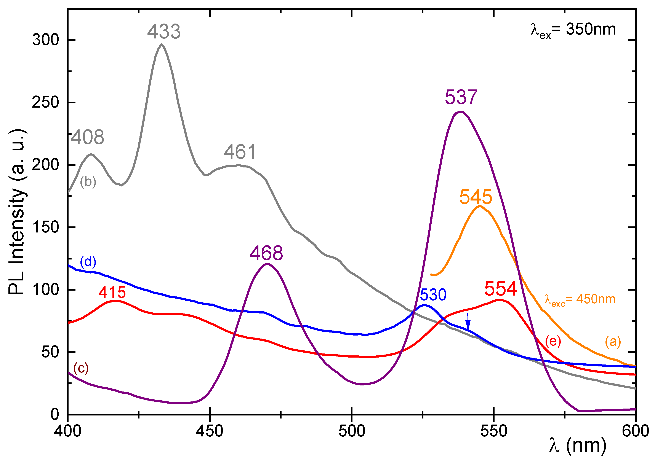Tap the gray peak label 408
pyautogui.click(x=87, y=137)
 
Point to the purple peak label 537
pyautogui.click(x=461, y=97)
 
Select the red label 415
pyautogui.click(x=112, y=292)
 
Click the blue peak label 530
pyautogui.click(x=433, y=294)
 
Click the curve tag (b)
pyautogui.click(x=88, y=182)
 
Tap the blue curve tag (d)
pyautogui.click(x=88, y=261)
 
